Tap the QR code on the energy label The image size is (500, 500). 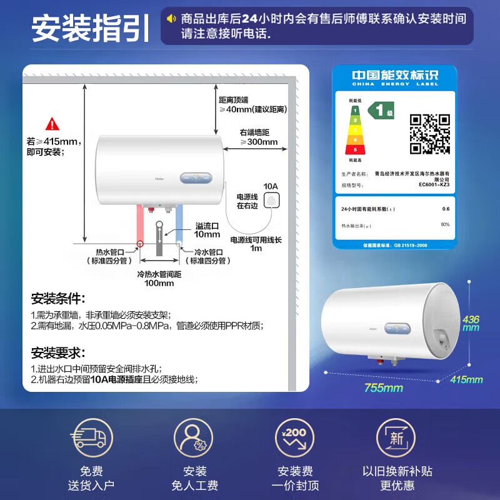coord(429,133)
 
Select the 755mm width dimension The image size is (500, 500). coord(384,388)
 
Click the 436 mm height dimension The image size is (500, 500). coord(471,324)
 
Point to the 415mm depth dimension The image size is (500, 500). coord(466,379)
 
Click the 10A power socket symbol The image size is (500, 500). coord(272,200)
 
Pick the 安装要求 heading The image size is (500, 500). coord(58,353)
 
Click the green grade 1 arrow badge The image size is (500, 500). coord(381,111)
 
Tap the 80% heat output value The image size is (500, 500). coord(445,224)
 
